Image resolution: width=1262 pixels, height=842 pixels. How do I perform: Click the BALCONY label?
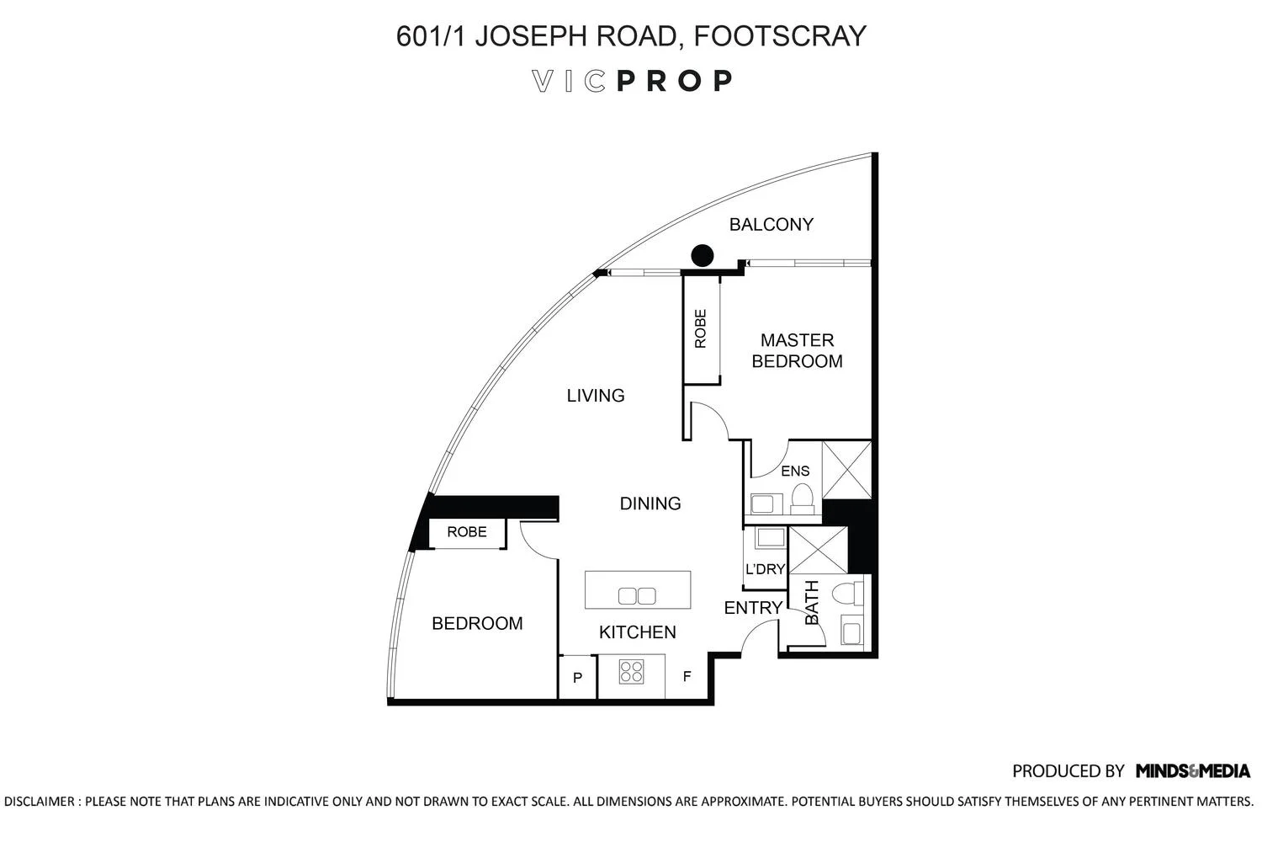[771, 225]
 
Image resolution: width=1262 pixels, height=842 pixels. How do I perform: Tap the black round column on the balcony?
[702, 255]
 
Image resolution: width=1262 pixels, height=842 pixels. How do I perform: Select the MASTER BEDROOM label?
[797, 350]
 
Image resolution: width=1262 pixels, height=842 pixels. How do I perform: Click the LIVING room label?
[595, 395]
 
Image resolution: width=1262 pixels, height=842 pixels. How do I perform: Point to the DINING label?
[650, 504]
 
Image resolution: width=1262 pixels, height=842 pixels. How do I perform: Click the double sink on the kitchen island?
[637, 596]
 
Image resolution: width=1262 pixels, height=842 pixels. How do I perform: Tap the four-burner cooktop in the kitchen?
[631, 671]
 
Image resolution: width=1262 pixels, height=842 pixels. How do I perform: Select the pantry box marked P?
[578, 677]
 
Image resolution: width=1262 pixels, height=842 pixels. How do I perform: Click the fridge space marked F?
[687, 676]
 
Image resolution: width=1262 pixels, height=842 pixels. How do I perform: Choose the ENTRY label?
[753, 608]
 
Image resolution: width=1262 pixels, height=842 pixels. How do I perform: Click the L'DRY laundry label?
[765, 569]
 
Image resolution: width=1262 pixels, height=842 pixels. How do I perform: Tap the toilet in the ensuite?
[803, 498]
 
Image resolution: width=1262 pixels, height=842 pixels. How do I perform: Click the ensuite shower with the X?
[846, 469]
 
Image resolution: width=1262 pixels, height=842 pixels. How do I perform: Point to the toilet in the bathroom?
[847, 594]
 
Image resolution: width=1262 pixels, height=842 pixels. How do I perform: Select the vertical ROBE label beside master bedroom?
[701, 329]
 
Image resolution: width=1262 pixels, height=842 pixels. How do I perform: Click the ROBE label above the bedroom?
[466, 532]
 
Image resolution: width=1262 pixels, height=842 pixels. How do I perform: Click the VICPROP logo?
[632, 81]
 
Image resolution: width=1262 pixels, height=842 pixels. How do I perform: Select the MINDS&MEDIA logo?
[1192, 770]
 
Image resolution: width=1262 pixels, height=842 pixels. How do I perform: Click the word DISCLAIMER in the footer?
[40, 802]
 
